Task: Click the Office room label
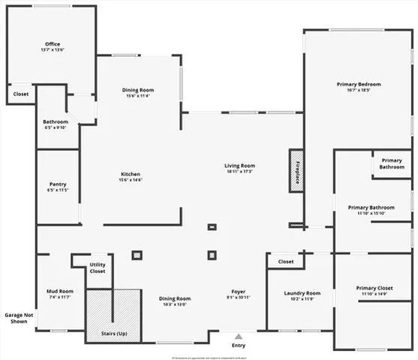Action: tap(53, 44)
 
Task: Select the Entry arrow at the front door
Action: tap(239, 337)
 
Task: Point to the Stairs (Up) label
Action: tap(114, 333)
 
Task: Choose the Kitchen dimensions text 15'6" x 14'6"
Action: tap(131, 180)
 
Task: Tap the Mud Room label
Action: tap(59, 291)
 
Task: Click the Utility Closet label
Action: tap(98, 268)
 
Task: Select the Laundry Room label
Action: tap(302, 293)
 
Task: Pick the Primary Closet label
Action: tap(374, 288)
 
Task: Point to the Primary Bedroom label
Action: tap(359, 84)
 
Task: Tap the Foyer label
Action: tap(239, 291)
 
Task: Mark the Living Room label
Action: tap(239, 166)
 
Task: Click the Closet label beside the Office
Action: tap(21, 94)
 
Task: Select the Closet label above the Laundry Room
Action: tap(286, 262)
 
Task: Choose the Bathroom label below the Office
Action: tap(56, 121)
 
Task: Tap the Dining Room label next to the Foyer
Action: tap(175, 298)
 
